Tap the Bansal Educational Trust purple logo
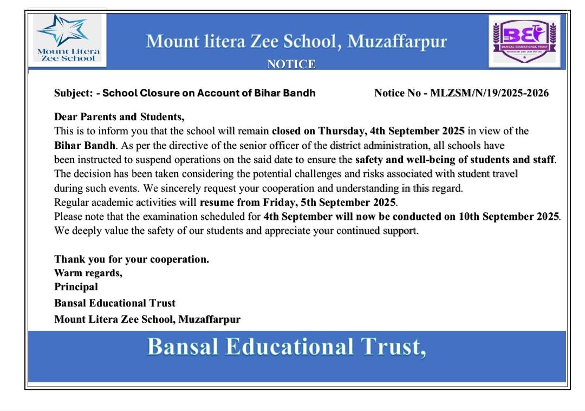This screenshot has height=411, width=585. pyautogui.click(x=524, y=40)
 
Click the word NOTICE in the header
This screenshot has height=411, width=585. pyautogui.click(x=291, y=64)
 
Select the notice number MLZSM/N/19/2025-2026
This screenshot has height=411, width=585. pyautogui.click(x=489, y=93)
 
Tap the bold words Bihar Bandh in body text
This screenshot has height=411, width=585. pyautogui.click(x=84, y=146)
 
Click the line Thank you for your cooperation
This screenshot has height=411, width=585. pyautogui.click(x=132, y=259)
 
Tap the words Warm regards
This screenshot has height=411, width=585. pyautogui.click(x=88, y=273)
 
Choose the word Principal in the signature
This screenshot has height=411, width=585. pyautogui.click(x=76, y=286)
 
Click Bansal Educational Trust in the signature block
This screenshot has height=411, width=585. pyautogui.click(x=115, y=303)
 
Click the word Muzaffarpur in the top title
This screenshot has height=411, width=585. pyautogui.click(x=397, y=42)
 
